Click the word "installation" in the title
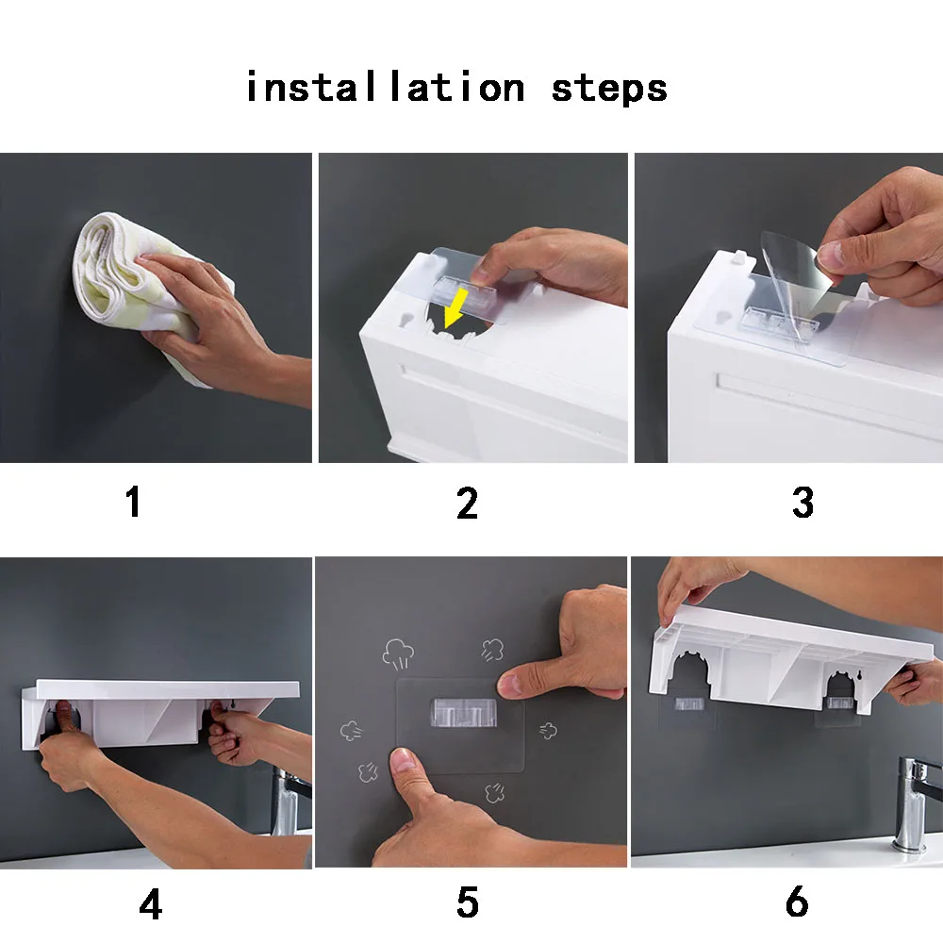[x=386, y=87]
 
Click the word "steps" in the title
[x=609, y=90]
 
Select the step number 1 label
[x=134, y=502]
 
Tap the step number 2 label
[x=468, y=503]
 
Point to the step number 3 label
[x=802, y=503]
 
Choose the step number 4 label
[x=150, y=903]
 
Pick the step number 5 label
[x=468, y=902]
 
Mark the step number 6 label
[x=797, y=902]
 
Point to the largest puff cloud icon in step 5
[x=398, y=653]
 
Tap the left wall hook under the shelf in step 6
[x=689, y=703]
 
